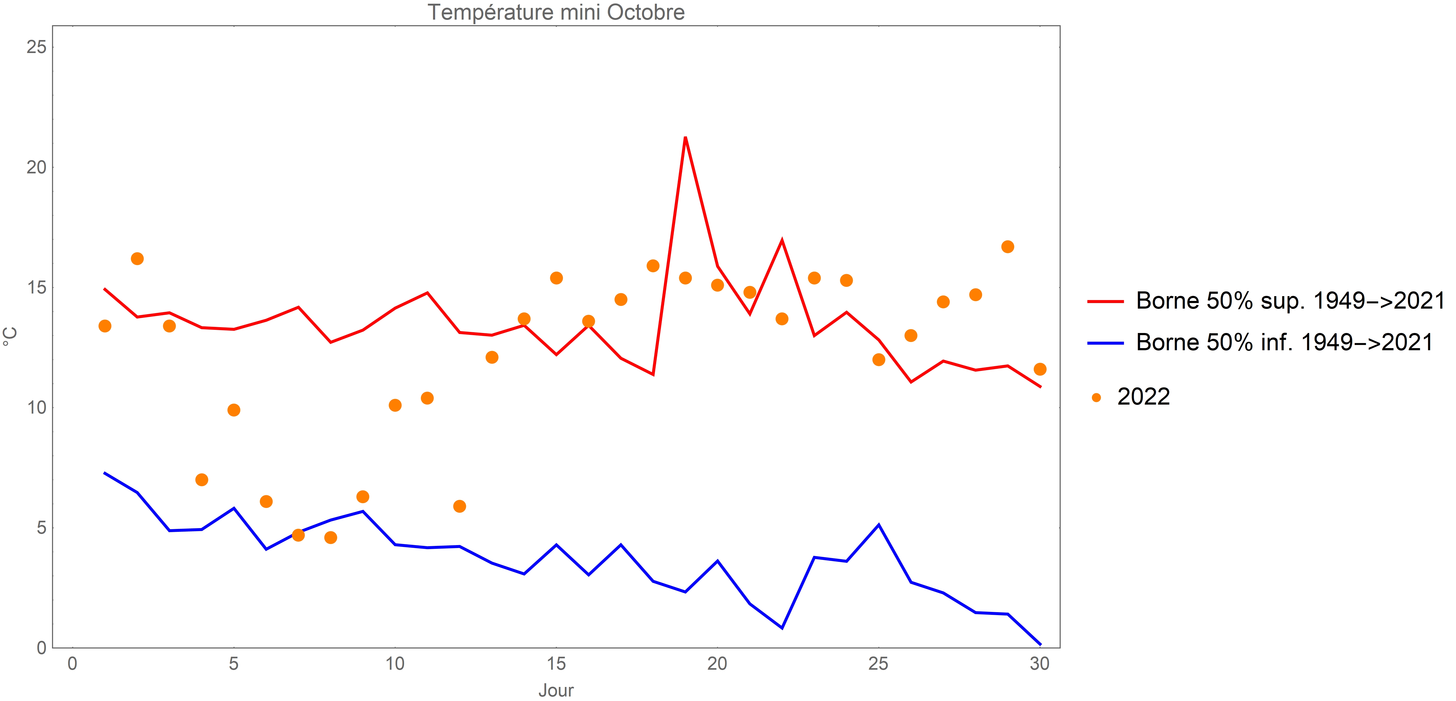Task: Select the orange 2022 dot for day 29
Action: point(1007,247)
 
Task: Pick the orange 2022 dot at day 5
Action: point(233,410)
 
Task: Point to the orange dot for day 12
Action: point(460,506)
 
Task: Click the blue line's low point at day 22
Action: point(782,628)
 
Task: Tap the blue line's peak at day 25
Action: point(878,525)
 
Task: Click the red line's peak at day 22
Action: point(782,241)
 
